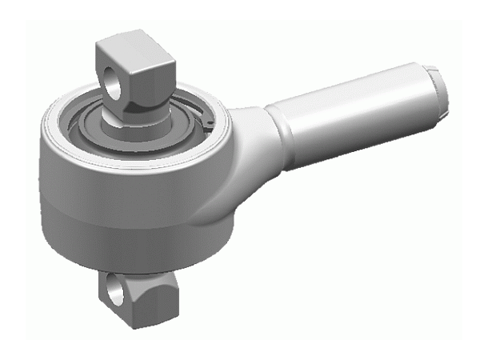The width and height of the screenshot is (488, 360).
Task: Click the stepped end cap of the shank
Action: (x=439, y=88)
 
